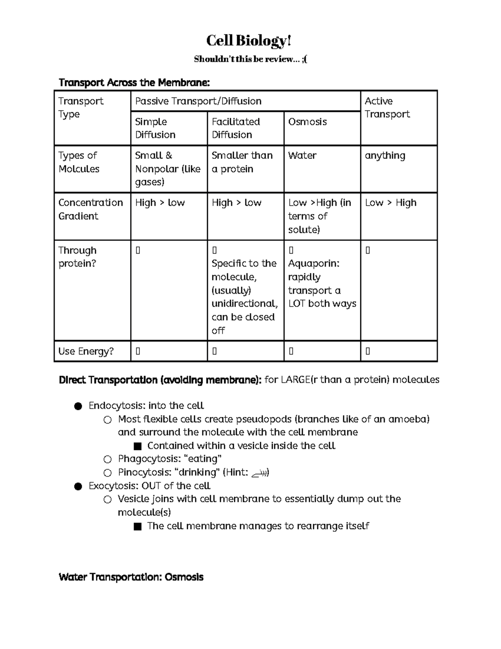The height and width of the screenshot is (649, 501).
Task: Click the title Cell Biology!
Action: click(249, 41)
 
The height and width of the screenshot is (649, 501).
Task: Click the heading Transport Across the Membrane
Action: click(134, 83)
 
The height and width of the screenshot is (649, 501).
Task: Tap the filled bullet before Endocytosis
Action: click(78, 406)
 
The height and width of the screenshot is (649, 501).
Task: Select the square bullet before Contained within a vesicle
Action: click(137, 446)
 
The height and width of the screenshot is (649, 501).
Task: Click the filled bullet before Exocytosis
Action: click(78, 486)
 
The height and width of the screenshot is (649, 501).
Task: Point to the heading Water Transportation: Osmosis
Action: click(131, 577)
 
